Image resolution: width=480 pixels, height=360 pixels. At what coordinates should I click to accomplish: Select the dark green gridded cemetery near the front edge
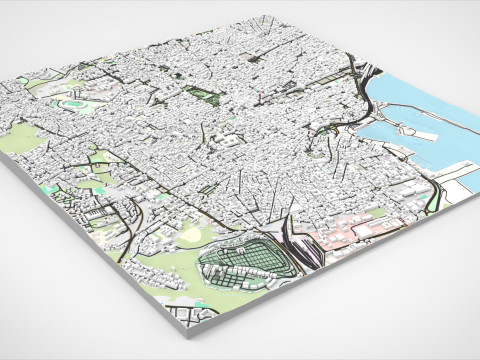(245, 262)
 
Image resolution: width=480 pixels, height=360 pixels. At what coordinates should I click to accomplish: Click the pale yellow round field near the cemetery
(190, 234)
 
